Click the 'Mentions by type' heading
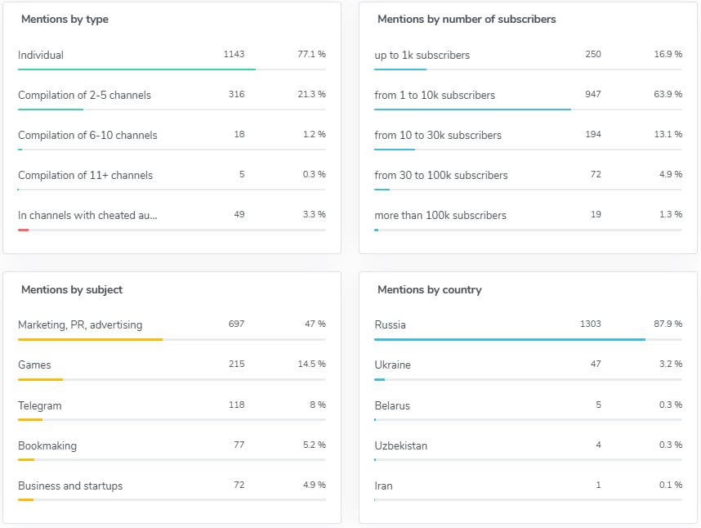pyautogui.click(x=65, y=19)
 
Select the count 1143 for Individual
pyautogui.click(x=234, y=54)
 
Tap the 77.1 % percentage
pyautogui.click(x=311, y=54)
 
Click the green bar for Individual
pyautogui.click(x=136, y=69)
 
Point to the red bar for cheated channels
pyautogui.click(x=24, y=230)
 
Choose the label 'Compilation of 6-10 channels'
pyautogui.click(x=87, y=135)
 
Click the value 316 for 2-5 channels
pyautogui.click(x=236, y=94)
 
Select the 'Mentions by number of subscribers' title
pyautogui.click(x=467, y=19)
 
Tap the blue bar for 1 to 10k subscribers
pyautogui.click(x=472, y=110)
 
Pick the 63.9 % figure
pyautogui.click(x=668, y=94)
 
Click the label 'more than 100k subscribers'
pyautogui.click(x=440, y=215)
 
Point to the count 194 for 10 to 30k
pyautogui.click(x=592, y=134)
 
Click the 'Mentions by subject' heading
pyautogui.click(x=72, y=289)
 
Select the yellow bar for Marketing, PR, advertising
pyautogui.click(x=90, y=339)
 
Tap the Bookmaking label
pyautogui.click(x=47, y=445)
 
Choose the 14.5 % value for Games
pyautogui.click(x=311, y=364)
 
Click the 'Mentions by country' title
pyautogui.click(x=429, y=289)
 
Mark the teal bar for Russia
pyautogui.click(x=509, y=339)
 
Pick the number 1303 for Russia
pyautogui.click(x=590, y=324)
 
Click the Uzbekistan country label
pyautogui.click(x=400, y=445)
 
